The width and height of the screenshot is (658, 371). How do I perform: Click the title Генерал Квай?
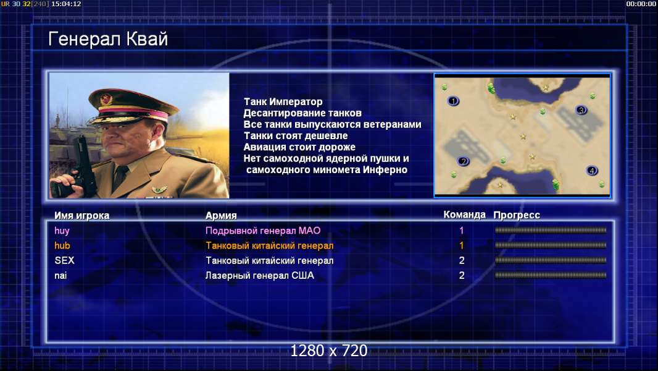[x=108, y=39]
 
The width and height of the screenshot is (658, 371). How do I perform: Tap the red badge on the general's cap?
[x=106, y=99]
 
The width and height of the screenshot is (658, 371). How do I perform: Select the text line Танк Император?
[x=283, y=101]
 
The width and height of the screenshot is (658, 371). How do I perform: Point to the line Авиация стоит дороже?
[x=299, y=147]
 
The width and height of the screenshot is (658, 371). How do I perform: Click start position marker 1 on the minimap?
[x=453, y=101]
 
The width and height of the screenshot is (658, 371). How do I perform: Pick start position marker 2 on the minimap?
[x=464, y=161]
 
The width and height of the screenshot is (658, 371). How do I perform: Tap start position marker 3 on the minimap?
[x=581, y=110]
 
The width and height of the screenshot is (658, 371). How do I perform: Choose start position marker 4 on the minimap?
[x=592, y=171]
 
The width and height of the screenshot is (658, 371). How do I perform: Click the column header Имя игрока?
[x=82, y=216]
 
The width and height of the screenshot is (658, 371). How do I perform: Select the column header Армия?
[x=221, y=216]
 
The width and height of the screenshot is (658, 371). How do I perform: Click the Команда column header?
[x=465, y=215]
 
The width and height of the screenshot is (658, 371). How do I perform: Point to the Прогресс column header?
[x=517, y=215]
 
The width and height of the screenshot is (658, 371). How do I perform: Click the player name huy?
[x=62, y=231]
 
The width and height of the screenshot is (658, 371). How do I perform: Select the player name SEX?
[x=64, y=260]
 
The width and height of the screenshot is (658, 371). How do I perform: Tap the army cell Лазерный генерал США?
[x=260, y=276]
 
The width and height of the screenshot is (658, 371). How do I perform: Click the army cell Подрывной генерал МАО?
[x=263, y=231]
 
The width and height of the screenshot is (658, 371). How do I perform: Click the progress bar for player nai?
[x=551, y=276]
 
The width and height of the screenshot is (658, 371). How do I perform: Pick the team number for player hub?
[x=462, y=245]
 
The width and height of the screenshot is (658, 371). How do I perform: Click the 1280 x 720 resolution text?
[x=329, y=351]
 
